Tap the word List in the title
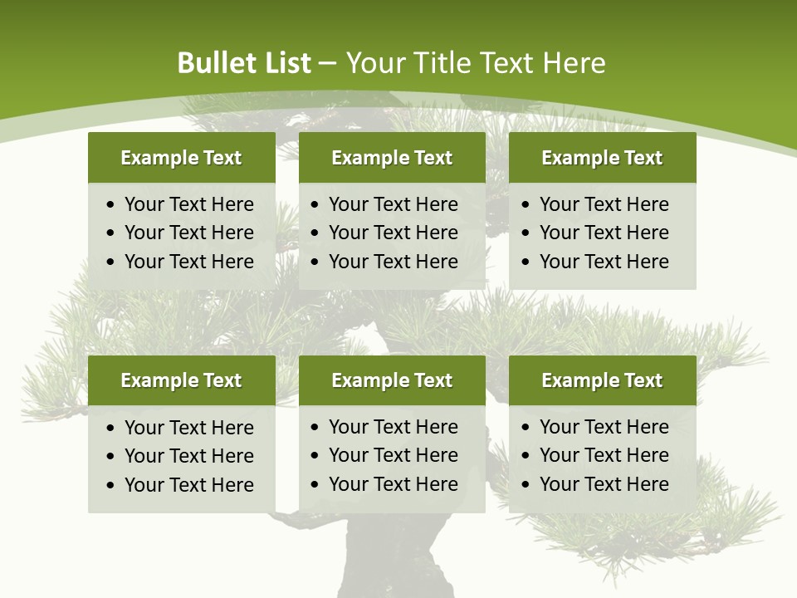coord(283,63)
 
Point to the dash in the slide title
coord(327,63)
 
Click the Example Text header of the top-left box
coord(181,158)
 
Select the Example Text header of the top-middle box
coord(392,158)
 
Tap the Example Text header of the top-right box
coord(602,158)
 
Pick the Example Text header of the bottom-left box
coord(181,380)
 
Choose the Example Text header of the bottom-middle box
coord(392,380)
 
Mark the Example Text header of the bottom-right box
coord(602,380)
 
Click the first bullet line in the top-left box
coord(188,204)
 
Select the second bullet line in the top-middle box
coord(393,233)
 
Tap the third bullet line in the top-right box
coord(604,262)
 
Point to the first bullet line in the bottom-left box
coord(188,428)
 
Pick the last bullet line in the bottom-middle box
coord(393,484)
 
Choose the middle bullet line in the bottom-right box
coord(604,455)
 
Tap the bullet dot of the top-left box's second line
coord(111,233)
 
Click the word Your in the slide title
coord(369,63)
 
